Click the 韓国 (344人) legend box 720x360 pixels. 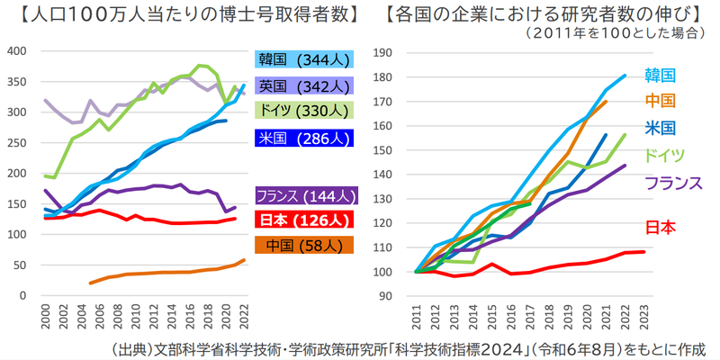tap(305, 60)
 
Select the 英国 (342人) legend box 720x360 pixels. tap(305, 86)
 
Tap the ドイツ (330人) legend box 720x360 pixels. tap(305, 111)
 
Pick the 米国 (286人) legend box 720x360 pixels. tap(305, 139)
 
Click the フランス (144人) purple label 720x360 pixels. tap(305, 195)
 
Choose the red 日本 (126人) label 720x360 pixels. tap(305, 220)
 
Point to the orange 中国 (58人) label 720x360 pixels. tap(305, 245)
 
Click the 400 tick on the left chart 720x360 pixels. tap(19, 50)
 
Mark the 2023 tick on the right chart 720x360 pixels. tap(643, 316)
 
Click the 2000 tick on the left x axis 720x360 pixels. tap(45, 316)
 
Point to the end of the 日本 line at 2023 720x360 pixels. tap(644, 251)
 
